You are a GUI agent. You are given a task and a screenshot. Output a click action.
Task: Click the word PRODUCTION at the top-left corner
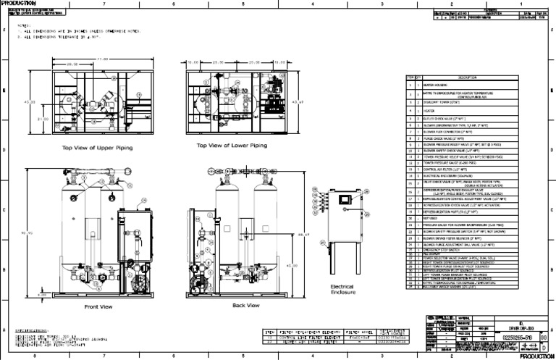pos(14,3)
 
